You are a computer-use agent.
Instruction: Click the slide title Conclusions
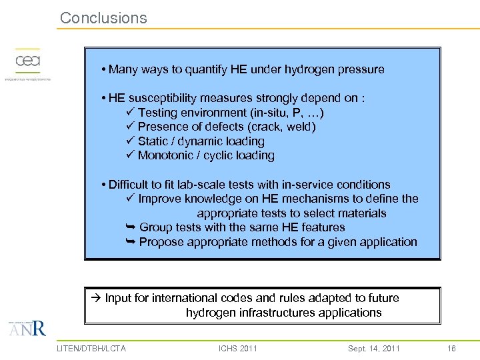103,18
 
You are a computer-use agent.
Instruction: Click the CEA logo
28,62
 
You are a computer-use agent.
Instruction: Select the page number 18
451,348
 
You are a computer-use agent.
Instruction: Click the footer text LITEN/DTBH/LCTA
91,348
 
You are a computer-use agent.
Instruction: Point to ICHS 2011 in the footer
238,348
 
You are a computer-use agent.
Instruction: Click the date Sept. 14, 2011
374,348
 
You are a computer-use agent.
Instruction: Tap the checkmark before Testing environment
130,113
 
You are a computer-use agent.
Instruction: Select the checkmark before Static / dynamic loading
130,141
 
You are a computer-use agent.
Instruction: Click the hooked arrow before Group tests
131,227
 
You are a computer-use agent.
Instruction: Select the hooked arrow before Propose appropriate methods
131,242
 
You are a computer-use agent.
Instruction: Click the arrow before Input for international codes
97,298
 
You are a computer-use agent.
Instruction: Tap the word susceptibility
163,98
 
